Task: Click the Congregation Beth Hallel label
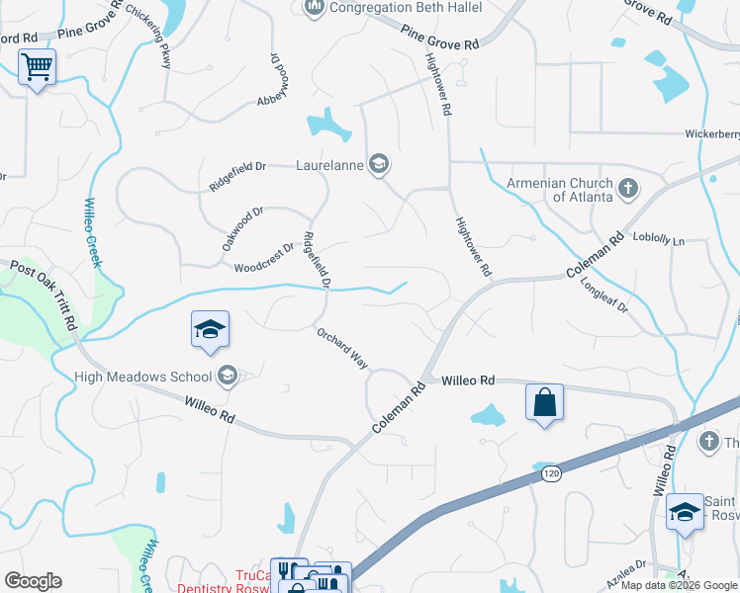point(406,8)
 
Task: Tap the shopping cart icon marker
point(37,68)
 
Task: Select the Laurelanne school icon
point(377,163)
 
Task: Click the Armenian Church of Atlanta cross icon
point(627,188)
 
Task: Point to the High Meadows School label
point(144,376)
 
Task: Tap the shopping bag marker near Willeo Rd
point(544,402)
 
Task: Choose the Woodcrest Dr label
point(264,259)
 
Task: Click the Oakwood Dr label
point(243,225)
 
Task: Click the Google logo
point(33,581)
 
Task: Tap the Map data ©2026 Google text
point(679,585)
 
